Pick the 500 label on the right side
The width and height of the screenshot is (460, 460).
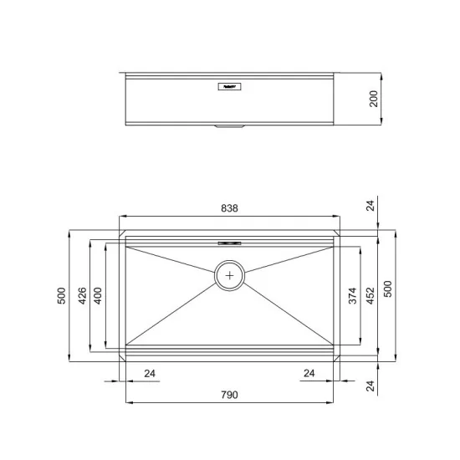387,288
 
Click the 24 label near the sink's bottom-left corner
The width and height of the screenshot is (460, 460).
151,373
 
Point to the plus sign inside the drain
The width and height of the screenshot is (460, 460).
230,274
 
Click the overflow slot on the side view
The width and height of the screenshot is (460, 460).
229,84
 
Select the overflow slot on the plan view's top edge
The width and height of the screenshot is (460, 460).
229,242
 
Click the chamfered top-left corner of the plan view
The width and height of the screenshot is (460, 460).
122,231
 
